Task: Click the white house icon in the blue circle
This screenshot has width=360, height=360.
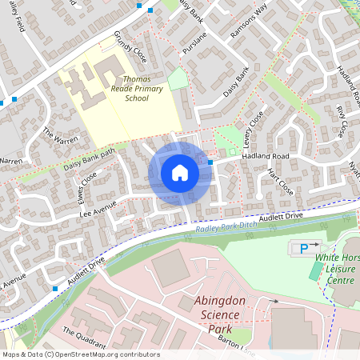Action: click(x=180, y=173)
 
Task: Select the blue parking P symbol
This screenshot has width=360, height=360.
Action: click(x=305, y=250)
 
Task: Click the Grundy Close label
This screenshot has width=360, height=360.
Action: click(x=130, y=49)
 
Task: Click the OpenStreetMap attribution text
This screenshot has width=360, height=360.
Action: click(x=81, y=354)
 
